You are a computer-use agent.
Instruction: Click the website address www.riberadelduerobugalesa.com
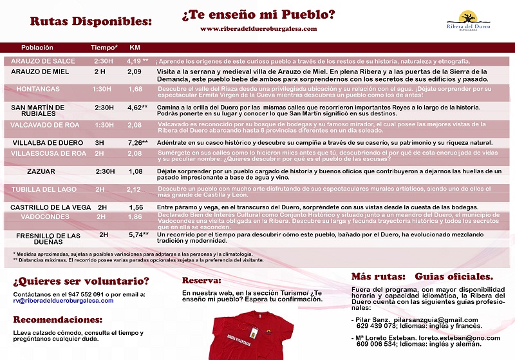pos(258,29)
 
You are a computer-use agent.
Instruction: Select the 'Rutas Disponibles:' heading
pos(91,21)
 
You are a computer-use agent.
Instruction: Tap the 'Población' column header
pos(37,48)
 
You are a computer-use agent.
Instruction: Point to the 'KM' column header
pos(135,48)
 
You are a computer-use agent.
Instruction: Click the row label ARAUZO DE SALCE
pos(43,61)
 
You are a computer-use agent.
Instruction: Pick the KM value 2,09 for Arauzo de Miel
pos(135,71)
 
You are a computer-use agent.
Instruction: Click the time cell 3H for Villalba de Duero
pos(99,142)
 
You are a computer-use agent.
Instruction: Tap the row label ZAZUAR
pos(41,172)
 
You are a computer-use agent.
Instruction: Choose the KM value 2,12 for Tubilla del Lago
pos(134,189)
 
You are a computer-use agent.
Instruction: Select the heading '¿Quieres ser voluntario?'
pos(81,281)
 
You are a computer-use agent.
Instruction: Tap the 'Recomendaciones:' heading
pos(58,319)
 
